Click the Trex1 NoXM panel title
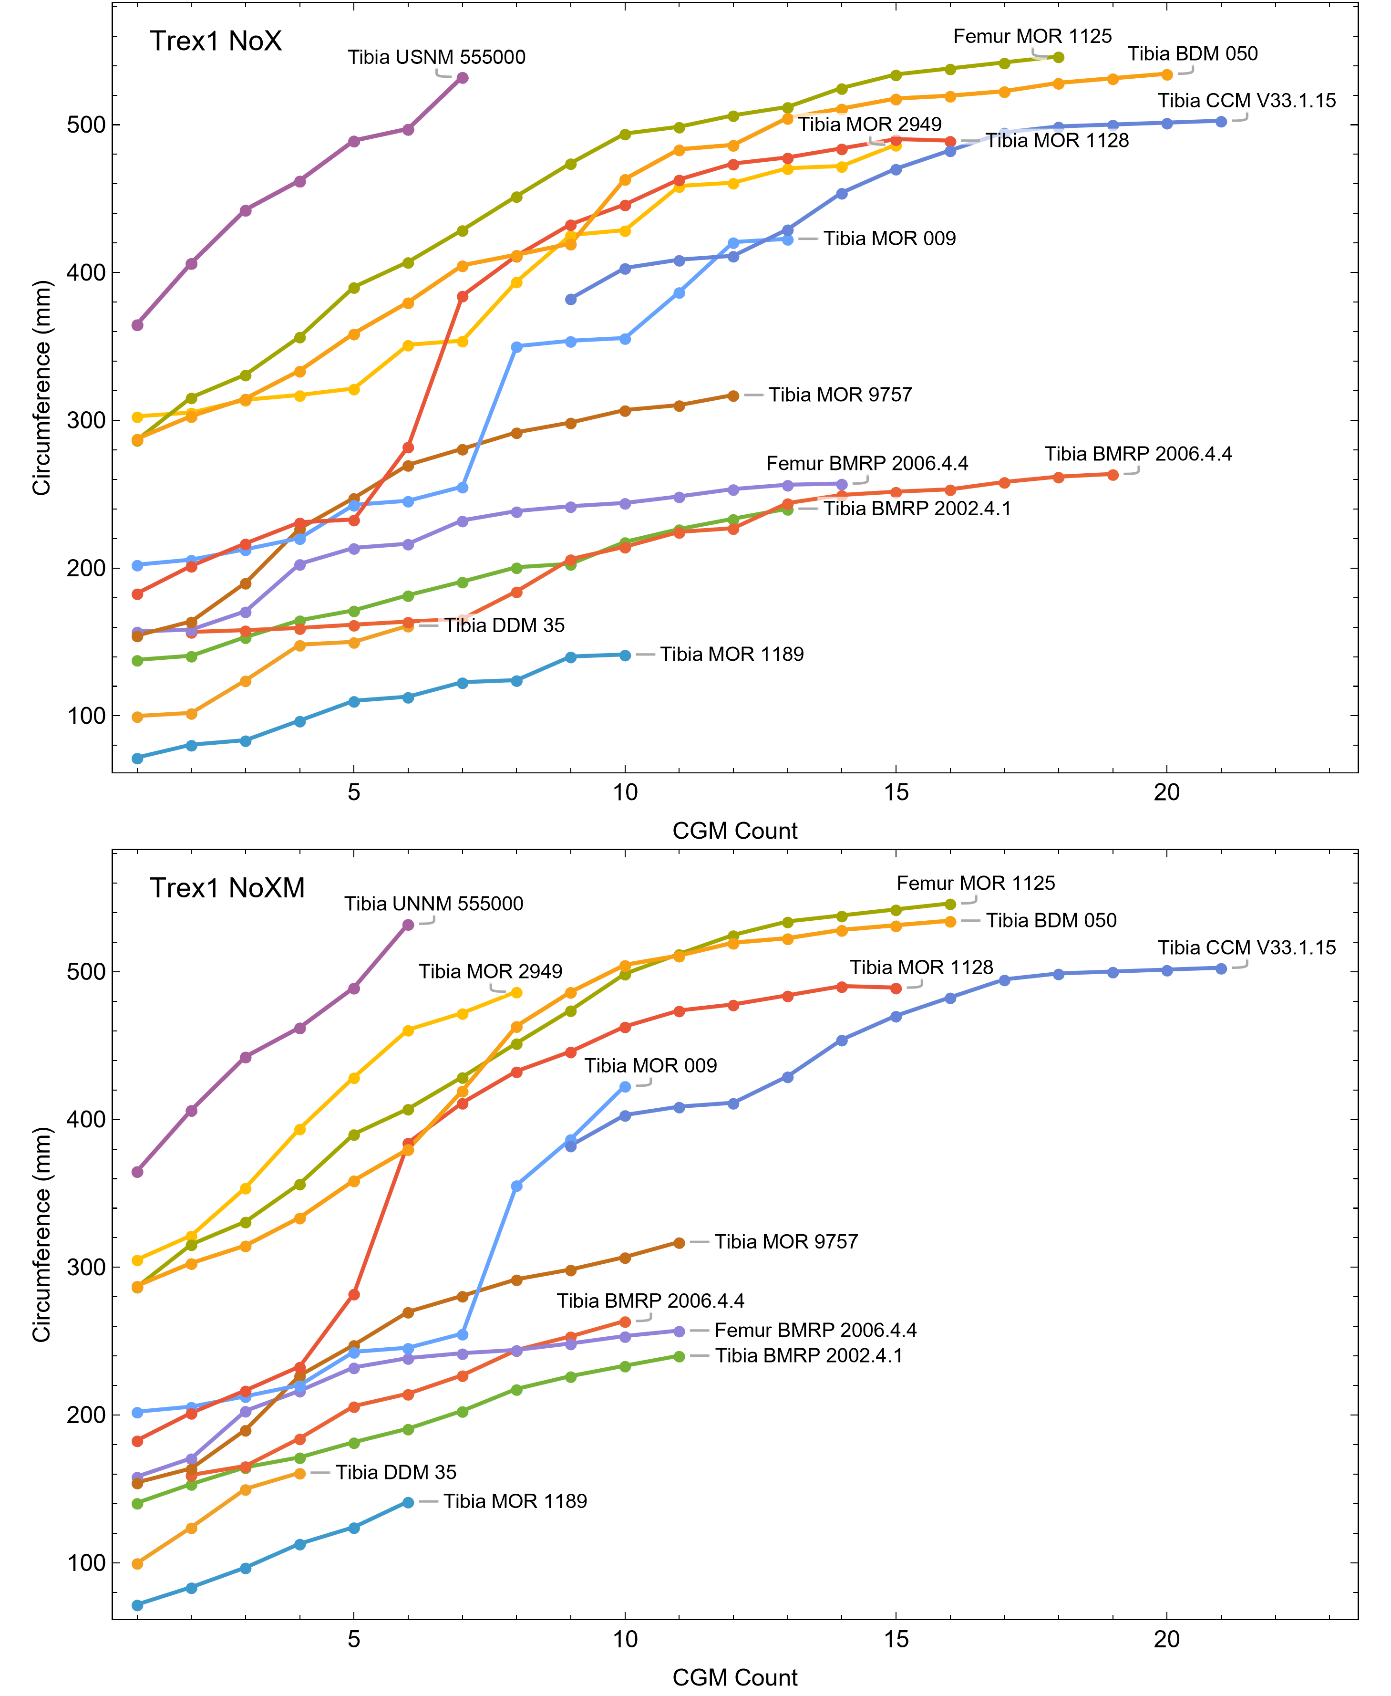pos(227,888)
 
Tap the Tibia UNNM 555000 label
pos(433,904)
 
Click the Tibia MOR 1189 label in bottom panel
pos(515,1501)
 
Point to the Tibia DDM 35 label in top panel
pos(505,625)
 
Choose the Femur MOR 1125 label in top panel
pos(1032,37)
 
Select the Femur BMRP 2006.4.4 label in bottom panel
pos(815,1331)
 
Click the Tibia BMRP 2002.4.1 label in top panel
pos(917,509)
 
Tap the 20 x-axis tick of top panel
pos(1167,793)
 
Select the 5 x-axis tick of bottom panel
pos(353,1639)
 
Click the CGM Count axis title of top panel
pos(735,831)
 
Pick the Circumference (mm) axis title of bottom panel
pos(41,1234)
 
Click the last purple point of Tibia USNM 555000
pos(463,78)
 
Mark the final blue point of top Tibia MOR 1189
pos(625,656)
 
